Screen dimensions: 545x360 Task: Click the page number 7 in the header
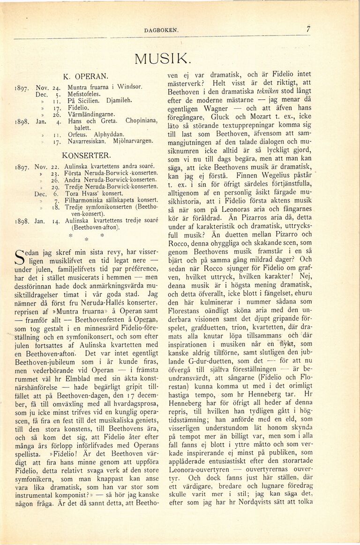(308, 29)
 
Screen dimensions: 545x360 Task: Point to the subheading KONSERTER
(87, 155)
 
